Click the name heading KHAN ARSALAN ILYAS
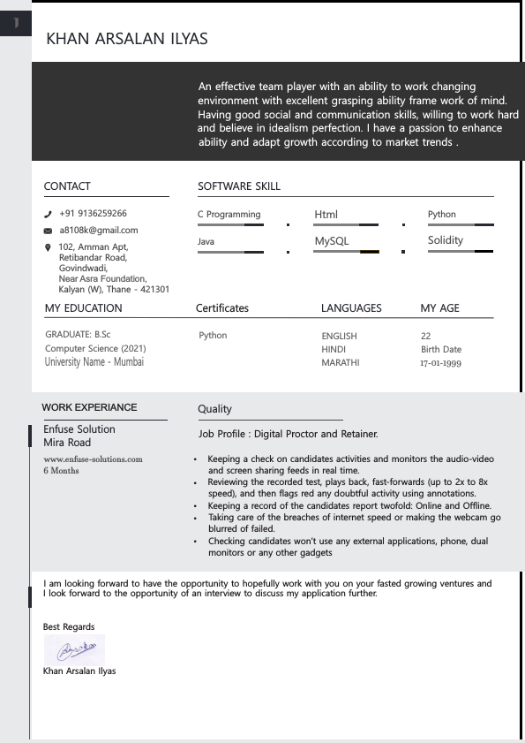pos(126,38)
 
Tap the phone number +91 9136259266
pos(93,213)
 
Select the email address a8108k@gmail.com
pos(99,230)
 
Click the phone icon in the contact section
pos(48,214)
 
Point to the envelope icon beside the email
pos(48,231)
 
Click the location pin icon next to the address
pos(48,247)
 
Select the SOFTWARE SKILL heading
pos(238,186)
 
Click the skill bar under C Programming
pos(231,225)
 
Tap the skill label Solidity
pos(445,240)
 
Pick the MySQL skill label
pos(332,241)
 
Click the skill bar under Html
pos(346,225)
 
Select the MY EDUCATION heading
pos(83,308)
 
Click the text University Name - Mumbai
pos(94,362)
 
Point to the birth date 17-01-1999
pos(440,363)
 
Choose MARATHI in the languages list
pos(340,363)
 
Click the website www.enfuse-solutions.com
pos(93,459)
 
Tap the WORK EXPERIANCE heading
pos(89,407)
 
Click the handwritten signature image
pos(74,650)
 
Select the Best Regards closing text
pos(69,626)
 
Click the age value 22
pos(425,336)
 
